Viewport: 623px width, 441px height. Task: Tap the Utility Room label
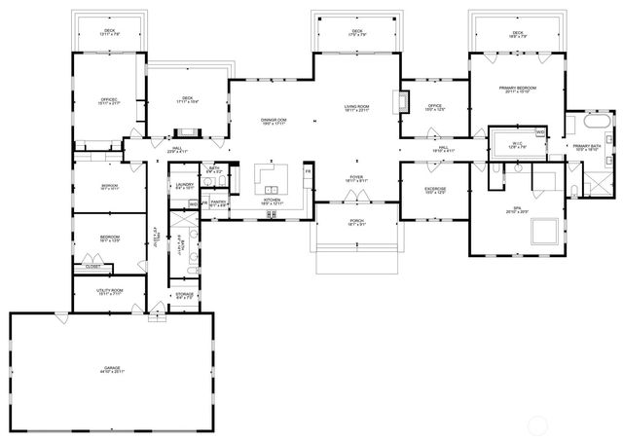(x=110, y=291)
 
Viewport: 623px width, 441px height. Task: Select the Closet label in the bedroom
(x=92, y=266)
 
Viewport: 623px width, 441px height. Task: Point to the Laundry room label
(x=183, y=185)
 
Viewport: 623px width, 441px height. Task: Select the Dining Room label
(x=273, y=121)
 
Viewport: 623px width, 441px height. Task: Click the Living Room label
(x=356, y=107)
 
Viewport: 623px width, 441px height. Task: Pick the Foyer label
(x=356, y=178)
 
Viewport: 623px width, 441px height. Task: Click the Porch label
(x=356, y=223)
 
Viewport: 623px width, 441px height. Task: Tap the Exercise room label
(x=435, y=190)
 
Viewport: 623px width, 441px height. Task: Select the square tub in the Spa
(x=542, y=232)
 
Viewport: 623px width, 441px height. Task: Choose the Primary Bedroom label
(x=518, y=90)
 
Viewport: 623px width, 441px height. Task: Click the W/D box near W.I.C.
(x=539, y=131)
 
